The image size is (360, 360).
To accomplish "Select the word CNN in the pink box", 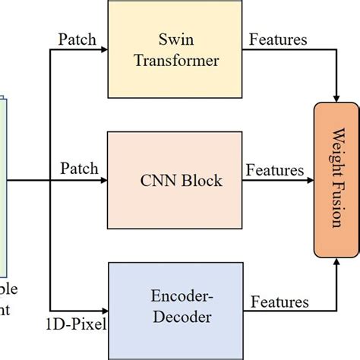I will pyautogui.click(x=157, y=181).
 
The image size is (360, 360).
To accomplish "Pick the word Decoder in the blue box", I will pyautogui.click(x=179, y=317).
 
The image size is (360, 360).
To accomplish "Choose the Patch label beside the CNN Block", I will pyautogui.click(x=79, y=168).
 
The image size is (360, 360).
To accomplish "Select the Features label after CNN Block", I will pyautogui.click(x=274, y=171).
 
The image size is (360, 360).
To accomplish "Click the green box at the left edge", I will pyautogui.click(x=3, y=182).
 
